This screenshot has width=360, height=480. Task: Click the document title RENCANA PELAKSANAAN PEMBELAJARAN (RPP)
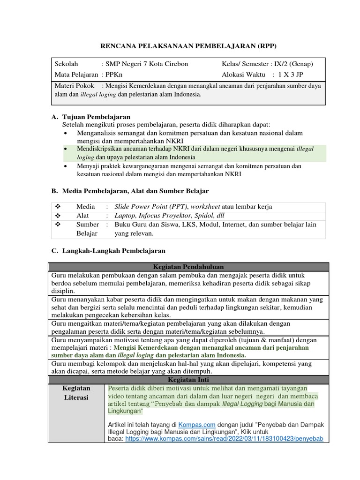[x=189, y=45]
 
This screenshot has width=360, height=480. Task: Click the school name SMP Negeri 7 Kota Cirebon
[x=147, y=64]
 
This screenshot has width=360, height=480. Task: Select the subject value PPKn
[x=115, y=75]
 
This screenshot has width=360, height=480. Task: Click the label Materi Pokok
[x=75, y=86]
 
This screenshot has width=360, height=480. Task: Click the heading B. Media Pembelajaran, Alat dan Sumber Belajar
[x=130, y=191]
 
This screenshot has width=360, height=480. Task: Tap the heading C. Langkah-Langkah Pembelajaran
[x=108, y=251]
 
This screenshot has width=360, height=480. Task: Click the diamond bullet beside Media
[x=59, y=207]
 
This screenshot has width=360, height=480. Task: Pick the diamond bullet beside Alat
[x=59, y=216]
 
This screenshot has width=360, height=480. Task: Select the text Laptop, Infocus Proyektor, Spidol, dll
[x=170, y=216]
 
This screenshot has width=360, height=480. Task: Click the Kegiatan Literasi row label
[x=76, y=393]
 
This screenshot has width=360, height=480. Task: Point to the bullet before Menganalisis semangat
[x=66, y=134]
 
